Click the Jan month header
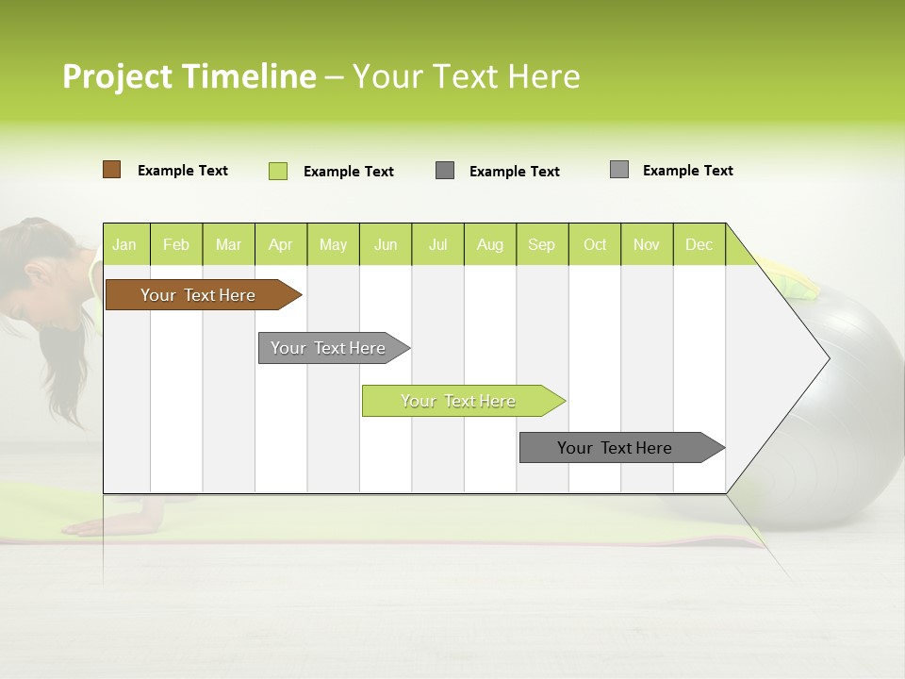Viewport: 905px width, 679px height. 125,244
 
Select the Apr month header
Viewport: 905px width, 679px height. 280,244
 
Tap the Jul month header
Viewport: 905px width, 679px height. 437,244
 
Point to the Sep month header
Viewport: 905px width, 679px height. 541,244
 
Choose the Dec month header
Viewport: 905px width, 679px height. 699,244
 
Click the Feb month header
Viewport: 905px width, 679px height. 176,244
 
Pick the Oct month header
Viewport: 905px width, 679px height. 595,244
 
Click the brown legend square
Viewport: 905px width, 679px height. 111,170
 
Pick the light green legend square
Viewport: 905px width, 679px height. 278,171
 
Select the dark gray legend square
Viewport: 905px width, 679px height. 445,171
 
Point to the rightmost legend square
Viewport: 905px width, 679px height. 619,170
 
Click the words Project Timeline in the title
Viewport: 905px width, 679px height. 189,76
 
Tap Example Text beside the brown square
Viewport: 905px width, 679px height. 183,171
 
